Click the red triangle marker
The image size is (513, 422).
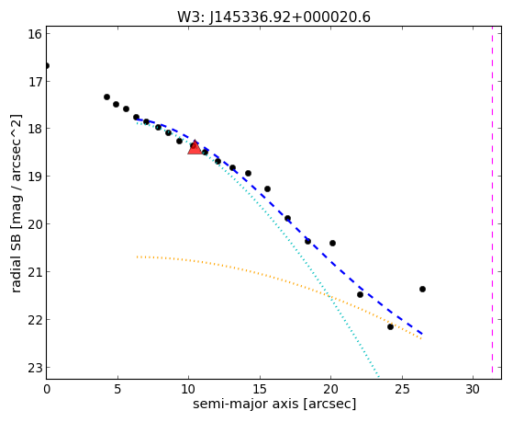195,147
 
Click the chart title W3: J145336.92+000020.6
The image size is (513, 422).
273,17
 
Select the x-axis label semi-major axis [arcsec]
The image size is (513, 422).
274,404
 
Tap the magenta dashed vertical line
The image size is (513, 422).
492,202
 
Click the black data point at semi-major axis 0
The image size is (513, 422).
47,66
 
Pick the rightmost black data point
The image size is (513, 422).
422,290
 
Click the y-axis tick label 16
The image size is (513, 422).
34,34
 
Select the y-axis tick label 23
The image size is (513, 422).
34,368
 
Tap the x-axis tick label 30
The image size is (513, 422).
474,389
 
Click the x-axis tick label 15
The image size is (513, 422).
260,389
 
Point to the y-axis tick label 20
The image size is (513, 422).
34,224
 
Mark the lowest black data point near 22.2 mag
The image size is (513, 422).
390,326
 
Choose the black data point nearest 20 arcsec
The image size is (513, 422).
333,243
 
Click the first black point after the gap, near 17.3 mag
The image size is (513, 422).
106,97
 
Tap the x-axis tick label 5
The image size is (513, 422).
117,389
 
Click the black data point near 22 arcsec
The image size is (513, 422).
360,294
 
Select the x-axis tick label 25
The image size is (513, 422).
402,389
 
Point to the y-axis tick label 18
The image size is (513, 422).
34,129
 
